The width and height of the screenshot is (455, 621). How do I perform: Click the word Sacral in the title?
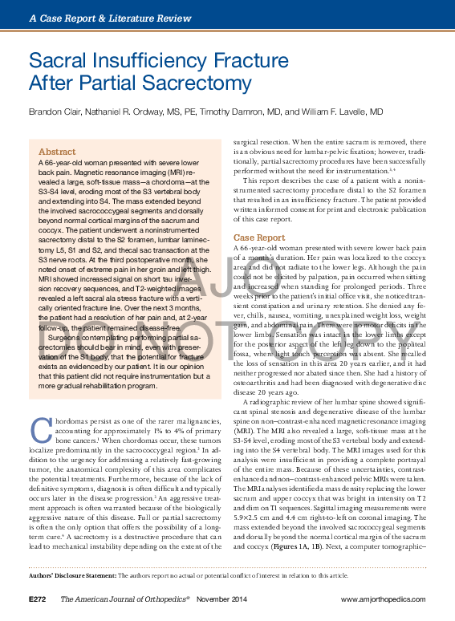click(x=58, y=60)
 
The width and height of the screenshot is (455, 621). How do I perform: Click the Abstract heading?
click(x=57, y=152)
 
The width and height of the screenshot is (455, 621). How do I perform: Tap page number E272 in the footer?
click(x=39, y=599)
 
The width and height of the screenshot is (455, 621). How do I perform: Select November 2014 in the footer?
click(x=216, y=599)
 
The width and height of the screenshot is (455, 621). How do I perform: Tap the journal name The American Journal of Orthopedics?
click(x=126, y=599)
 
